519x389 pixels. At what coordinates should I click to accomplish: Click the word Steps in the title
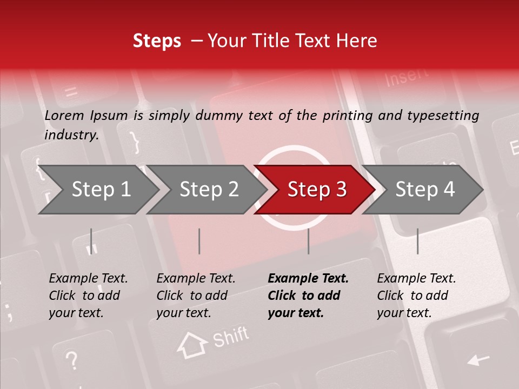pyautogui.click(x=157, y=41)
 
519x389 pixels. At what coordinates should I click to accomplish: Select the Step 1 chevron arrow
pyautogui.click(x=101, y=190)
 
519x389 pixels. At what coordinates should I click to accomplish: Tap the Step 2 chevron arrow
pyautogui.click(x=209, y=190)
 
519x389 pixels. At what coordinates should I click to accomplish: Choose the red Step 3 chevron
pyautogui.click(x=316, y=190)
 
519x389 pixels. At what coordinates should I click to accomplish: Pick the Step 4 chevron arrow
pyautogui.click(x=424, y=190)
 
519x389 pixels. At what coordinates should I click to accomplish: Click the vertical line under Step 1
pyautogui.click(x=91, y=241)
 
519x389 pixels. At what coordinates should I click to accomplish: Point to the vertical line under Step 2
pyautogui.click(x=199, y=241)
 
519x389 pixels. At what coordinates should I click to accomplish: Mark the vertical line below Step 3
pyautogui.click(x=308, y=241)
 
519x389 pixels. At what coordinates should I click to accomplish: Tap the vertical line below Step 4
pyautogui.click(x=417, y=241)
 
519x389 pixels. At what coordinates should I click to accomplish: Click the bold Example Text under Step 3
pyautogui.click(x=308, y=296)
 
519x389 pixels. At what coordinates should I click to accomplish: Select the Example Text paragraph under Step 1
pyautogui.click(x=88, y=296)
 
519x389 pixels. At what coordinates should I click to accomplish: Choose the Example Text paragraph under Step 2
pyautogui.click(x=196, y=296)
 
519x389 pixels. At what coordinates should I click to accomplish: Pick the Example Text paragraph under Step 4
pyautogui.click(x=416, y=296)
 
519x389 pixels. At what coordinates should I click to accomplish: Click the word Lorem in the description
pyautogui.click(x=64, y=116)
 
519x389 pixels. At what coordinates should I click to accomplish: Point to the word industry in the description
pyautogui.click(x=70, y=135)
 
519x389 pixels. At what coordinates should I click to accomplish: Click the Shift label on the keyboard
pyautogui.click(x=230, y=337)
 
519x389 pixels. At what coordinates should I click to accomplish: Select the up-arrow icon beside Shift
pyautogui.click(x=192, y=345)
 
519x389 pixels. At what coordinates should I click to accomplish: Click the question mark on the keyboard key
pyautogui.click(x=71, y=359)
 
